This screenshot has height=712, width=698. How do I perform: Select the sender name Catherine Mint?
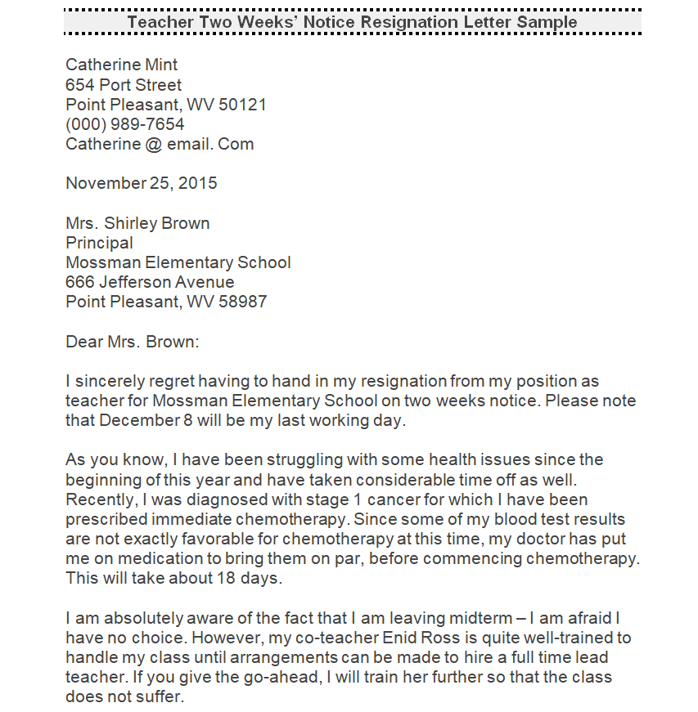click(x=121, y=65)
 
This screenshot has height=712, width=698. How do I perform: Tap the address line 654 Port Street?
click(x=124, y=84)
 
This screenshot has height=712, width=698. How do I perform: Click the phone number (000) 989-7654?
click(x=124, y=124)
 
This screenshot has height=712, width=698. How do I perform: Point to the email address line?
click(x=160, y=144)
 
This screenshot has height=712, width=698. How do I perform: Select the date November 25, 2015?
click(x=142, y=183)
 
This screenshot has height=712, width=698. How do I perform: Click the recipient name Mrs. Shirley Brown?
click(x=137, y=223)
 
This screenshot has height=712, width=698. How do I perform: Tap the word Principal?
click(x=99, y=243)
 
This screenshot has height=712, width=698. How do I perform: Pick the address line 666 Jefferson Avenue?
click(x=150, y=282)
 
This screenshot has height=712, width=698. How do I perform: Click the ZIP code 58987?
click(x=242, y=302)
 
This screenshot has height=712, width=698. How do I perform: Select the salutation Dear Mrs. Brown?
click(x=132, y=341)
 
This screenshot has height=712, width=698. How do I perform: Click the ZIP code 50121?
click(x=242, y=105)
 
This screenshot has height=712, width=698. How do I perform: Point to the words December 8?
click(x=140, y=420)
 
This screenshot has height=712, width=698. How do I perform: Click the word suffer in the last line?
click(x=161, y=696)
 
